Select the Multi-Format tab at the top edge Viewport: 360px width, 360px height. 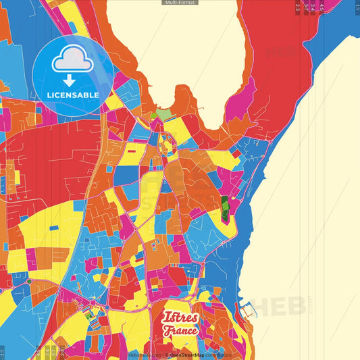pos(180,3)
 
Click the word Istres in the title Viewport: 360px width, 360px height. pos(180,317)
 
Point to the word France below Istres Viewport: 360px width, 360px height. pos(180,331)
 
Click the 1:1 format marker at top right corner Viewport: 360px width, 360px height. pos(357,7)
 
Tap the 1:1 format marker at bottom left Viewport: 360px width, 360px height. pos(3,352)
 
